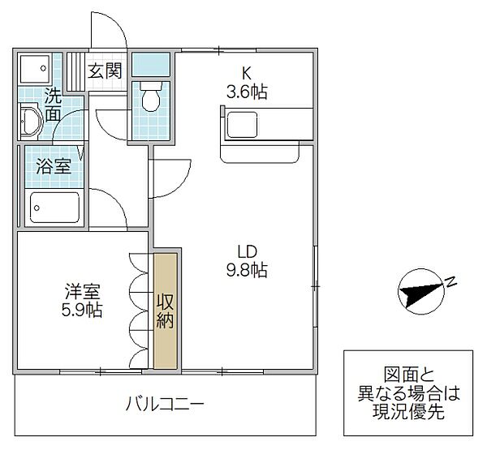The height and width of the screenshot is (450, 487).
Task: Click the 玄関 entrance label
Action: click(106, 71)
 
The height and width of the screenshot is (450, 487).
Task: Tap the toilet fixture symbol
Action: click(150, 98)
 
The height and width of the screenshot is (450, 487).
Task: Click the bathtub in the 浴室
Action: click(55, 208)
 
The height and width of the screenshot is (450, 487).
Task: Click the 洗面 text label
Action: click(53, 104)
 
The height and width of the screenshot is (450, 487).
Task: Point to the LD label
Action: click(247, 251)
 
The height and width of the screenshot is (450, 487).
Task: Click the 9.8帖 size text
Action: click(247, 270)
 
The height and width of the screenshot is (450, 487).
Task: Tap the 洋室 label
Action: click(84, 290)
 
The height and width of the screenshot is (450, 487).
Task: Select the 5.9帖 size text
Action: click(84, 310)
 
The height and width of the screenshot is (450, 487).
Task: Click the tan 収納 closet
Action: click(166, 311)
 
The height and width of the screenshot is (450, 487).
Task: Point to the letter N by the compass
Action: click(451, 282)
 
